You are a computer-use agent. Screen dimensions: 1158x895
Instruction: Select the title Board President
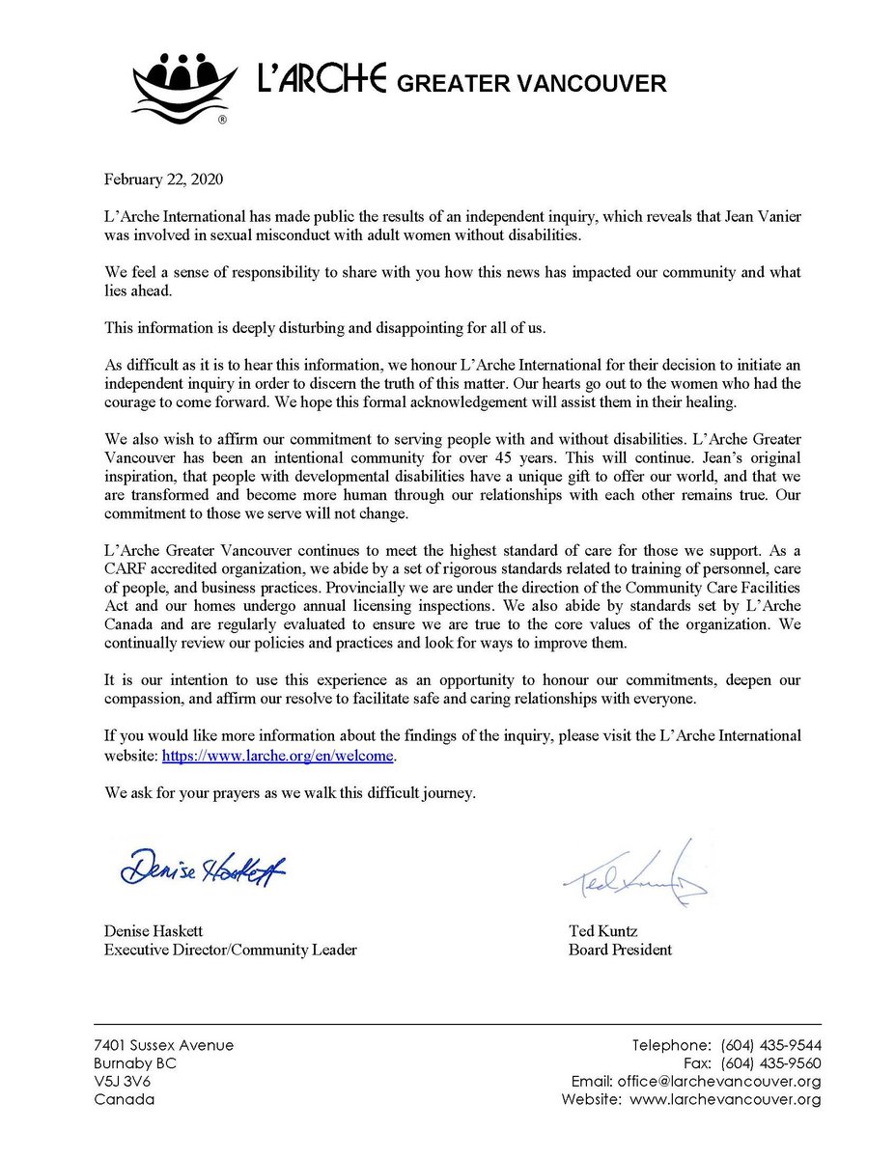[620, 950]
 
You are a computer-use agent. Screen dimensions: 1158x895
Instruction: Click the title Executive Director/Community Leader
[230, 950]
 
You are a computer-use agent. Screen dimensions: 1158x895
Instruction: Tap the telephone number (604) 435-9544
[770, 1046]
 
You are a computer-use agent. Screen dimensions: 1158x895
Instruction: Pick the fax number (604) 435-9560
[770, 1063]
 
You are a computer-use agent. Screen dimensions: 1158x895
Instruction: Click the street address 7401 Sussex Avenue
[163, 1046]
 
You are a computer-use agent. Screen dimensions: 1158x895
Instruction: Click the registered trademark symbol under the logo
[222, 121]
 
